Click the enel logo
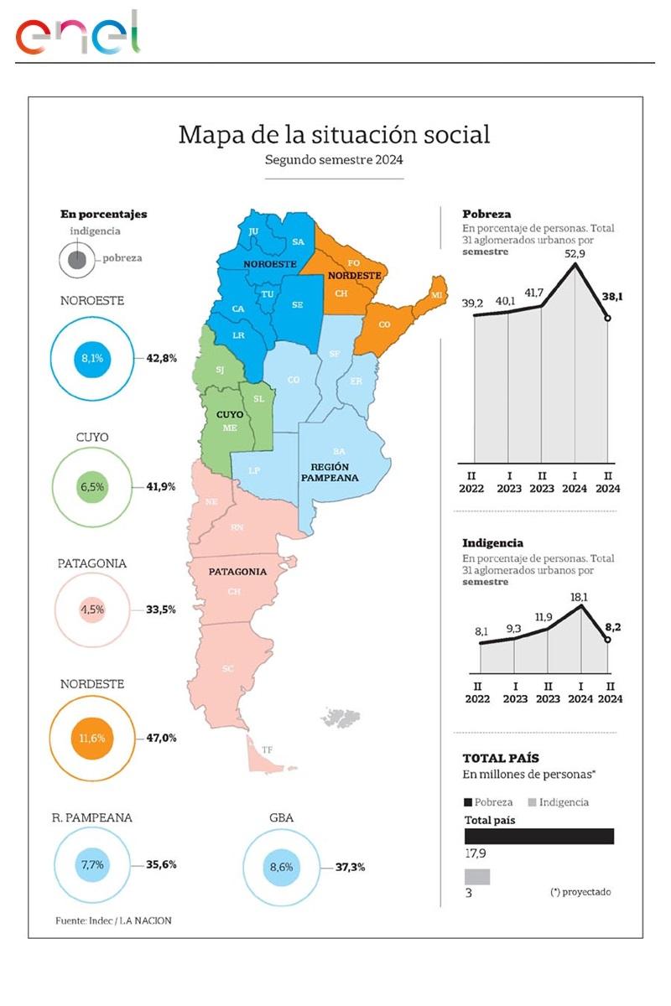78,34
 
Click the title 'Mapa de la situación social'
334,135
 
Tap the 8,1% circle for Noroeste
92,358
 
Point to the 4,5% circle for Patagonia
92,609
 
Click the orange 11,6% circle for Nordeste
92,739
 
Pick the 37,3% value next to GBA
350,867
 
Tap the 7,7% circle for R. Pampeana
92,864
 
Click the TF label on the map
268,749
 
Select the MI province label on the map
436,296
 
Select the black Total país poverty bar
538,836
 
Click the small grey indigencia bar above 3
476,876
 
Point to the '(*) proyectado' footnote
580,891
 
